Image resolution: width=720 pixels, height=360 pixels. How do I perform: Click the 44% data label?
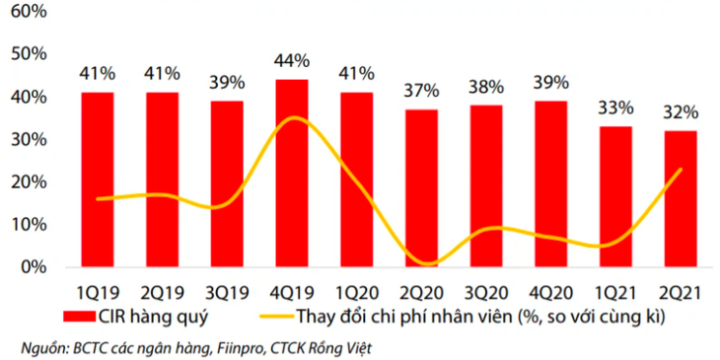[x=291, y=61]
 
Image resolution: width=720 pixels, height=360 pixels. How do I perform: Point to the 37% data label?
[x=420, y=91]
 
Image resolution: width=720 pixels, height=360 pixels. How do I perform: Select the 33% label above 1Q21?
[x=615, y=108]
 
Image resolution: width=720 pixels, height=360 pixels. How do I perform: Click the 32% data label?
[x=680, y=111]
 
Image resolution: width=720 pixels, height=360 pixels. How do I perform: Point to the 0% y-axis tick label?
[x=34, y=266]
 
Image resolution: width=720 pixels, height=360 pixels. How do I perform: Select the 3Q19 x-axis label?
[x=227, y=292]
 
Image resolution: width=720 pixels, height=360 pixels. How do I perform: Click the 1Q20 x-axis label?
[x=356, y=292]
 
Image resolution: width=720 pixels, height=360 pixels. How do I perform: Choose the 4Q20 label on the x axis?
[x=550, y=292]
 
